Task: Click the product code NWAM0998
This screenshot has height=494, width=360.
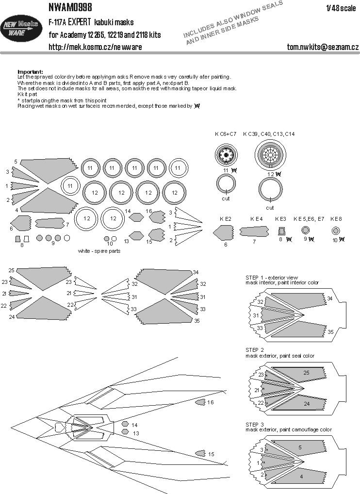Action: click(x=71, y=6)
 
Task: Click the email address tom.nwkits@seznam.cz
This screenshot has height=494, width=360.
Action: click(x=323, y=47)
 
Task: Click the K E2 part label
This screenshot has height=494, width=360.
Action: click(x=225, y=219)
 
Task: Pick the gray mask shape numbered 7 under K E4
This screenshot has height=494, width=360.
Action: click(x=256, y=231)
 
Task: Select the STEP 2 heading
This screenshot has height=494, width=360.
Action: click(x=255, y=349)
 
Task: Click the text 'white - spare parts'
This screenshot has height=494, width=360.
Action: click(x=99, y=251)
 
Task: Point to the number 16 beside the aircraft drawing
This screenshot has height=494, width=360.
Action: click(x=210, y=402)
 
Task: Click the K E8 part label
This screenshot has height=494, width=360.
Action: click(x=336, y=219)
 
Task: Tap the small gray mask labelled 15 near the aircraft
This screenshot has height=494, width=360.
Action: click(x=200, y=453)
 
